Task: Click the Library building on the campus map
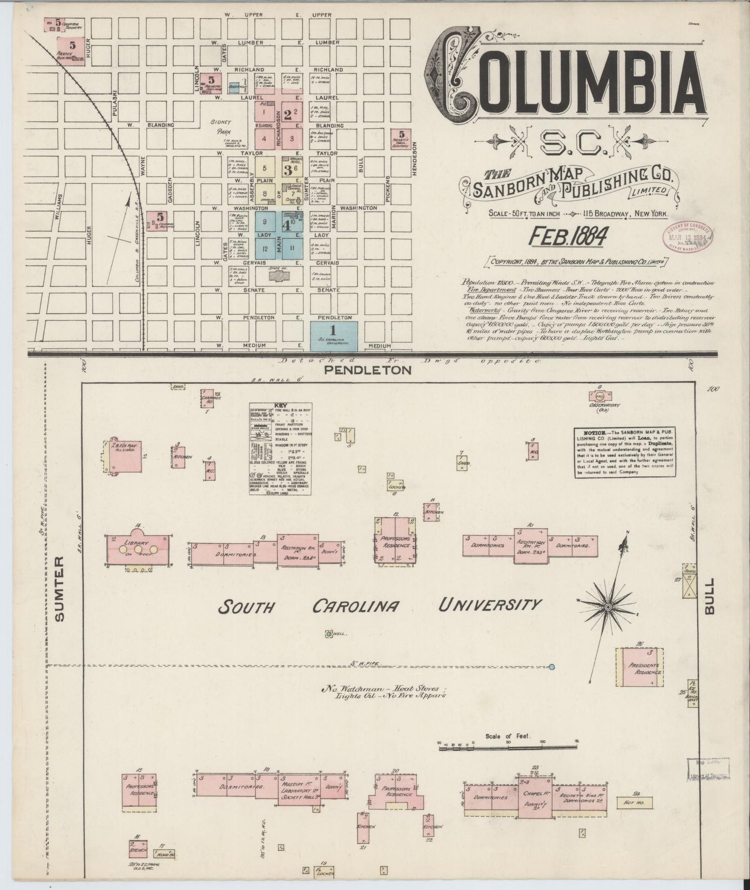click(x=137, y=548)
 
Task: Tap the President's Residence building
click(x=641, y=668)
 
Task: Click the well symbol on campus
click(x=328, y=633)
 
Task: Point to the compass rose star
click(x=608, y=606)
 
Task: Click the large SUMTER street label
click(x=60, y=588)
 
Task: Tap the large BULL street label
click(x=710, y=596)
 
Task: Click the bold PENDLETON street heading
click(x=368, y=370)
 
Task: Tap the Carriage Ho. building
click(x=211, y=398)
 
